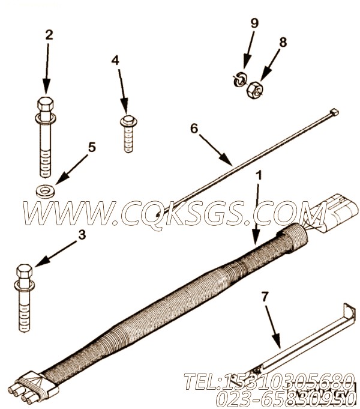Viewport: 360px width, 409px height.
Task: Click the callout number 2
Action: (49, 34)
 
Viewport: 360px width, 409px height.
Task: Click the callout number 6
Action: (193, 128)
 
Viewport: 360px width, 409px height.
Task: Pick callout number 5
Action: (92, 147)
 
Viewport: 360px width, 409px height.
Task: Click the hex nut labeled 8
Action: (253, 89)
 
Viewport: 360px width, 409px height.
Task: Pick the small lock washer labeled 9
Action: (239, 79)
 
